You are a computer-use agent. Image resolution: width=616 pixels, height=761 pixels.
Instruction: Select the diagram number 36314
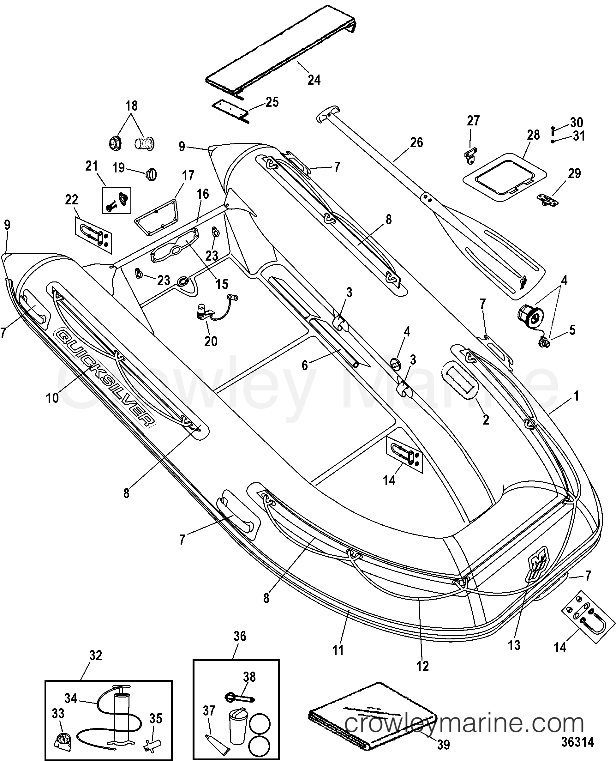pyautogui.click(x=577, y=743)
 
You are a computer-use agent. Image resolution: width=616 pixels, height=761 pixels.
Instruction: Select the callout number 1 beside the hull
pyautogui.click(x=576, y=396)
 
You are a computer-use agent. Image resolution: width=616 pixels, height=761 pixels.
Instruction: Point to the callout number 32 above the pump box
pyautogui.click(x=95, y=655)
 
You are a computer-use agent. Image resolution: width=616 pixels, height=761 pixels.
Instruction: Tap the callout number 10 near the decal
pyautogui.click(x=52, y=398)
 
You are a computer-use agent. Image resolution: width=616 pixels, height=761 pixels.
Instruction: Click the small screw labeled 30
pyautogui.click(x=553, y=130)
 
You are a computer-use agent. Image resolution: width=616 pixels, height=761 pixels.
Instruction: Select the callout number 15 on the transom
pyautogui.click(x=222, y=284)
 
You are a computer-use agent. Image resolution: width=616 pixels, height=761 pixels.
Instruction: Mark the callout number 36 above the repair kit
pyautogui.click(x=240, y=636)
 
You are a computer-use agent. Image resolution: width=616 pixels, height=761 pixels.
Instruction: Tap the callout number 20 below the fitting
pyautogui.click(x=211, y=341)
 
